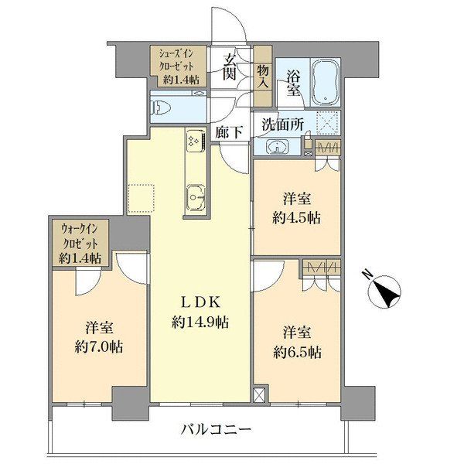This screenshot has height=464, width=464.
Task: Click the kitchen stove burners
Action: coord(194,141)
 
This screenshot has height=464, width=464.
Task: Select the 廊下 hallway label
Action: coord(231,132)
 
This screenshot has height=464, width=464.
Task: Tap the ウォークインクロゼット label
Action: coord(80,243)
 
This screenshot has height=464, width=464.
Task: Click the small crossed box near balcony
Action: coord(258,394)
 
